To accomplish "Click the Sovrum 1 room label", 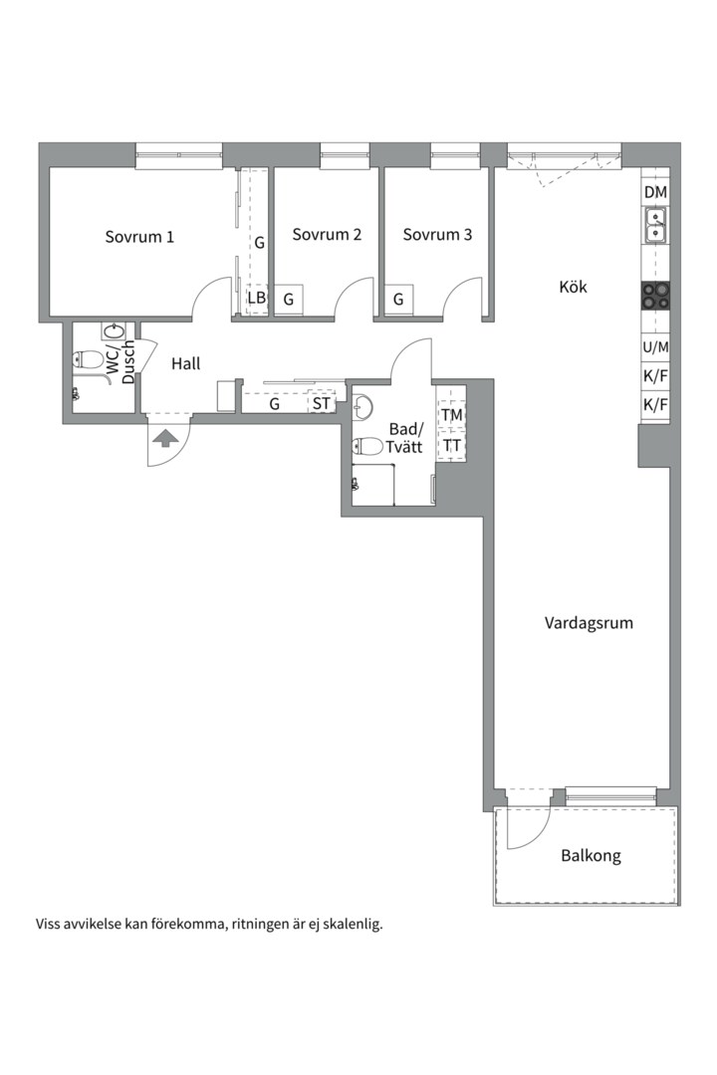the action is click(139, 237).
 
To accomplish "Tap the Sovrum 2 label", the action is click(327, 235).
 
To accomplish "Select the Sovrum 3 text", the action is click(437, 235).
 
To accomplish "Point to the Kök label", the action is click(573, 287).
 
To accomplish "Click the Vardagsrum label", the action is click(589, 623).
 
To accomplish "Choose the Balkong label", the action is click(591, 856).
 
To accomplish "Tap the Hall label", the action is click(186, 363).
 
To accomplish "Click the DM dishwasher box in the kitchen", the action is click(656, 193).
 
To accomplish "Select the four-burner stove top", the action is click(656, 298).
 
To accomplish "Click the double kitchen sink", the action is click(656, 227).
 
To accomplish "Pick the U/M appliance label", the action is click(656, 347).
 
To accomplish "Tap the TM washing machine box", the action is click(451, 415).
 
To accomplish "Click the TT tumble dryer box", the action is click(451, 445).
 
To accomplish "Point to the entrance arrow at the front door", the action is click(163, 438).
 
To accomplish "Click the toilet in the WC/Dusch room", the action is click(88, 358).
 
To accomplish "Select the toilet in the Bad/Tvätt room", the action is click(367, 447).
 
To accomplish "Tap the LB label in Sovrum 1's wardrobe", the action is click(257, 299).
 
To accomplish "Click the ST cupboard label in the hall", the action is click(321, 404).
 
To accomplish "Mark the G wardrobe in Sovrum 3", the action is click(398, 300).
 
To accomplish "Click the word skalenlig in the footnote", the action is click(354, 924).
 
